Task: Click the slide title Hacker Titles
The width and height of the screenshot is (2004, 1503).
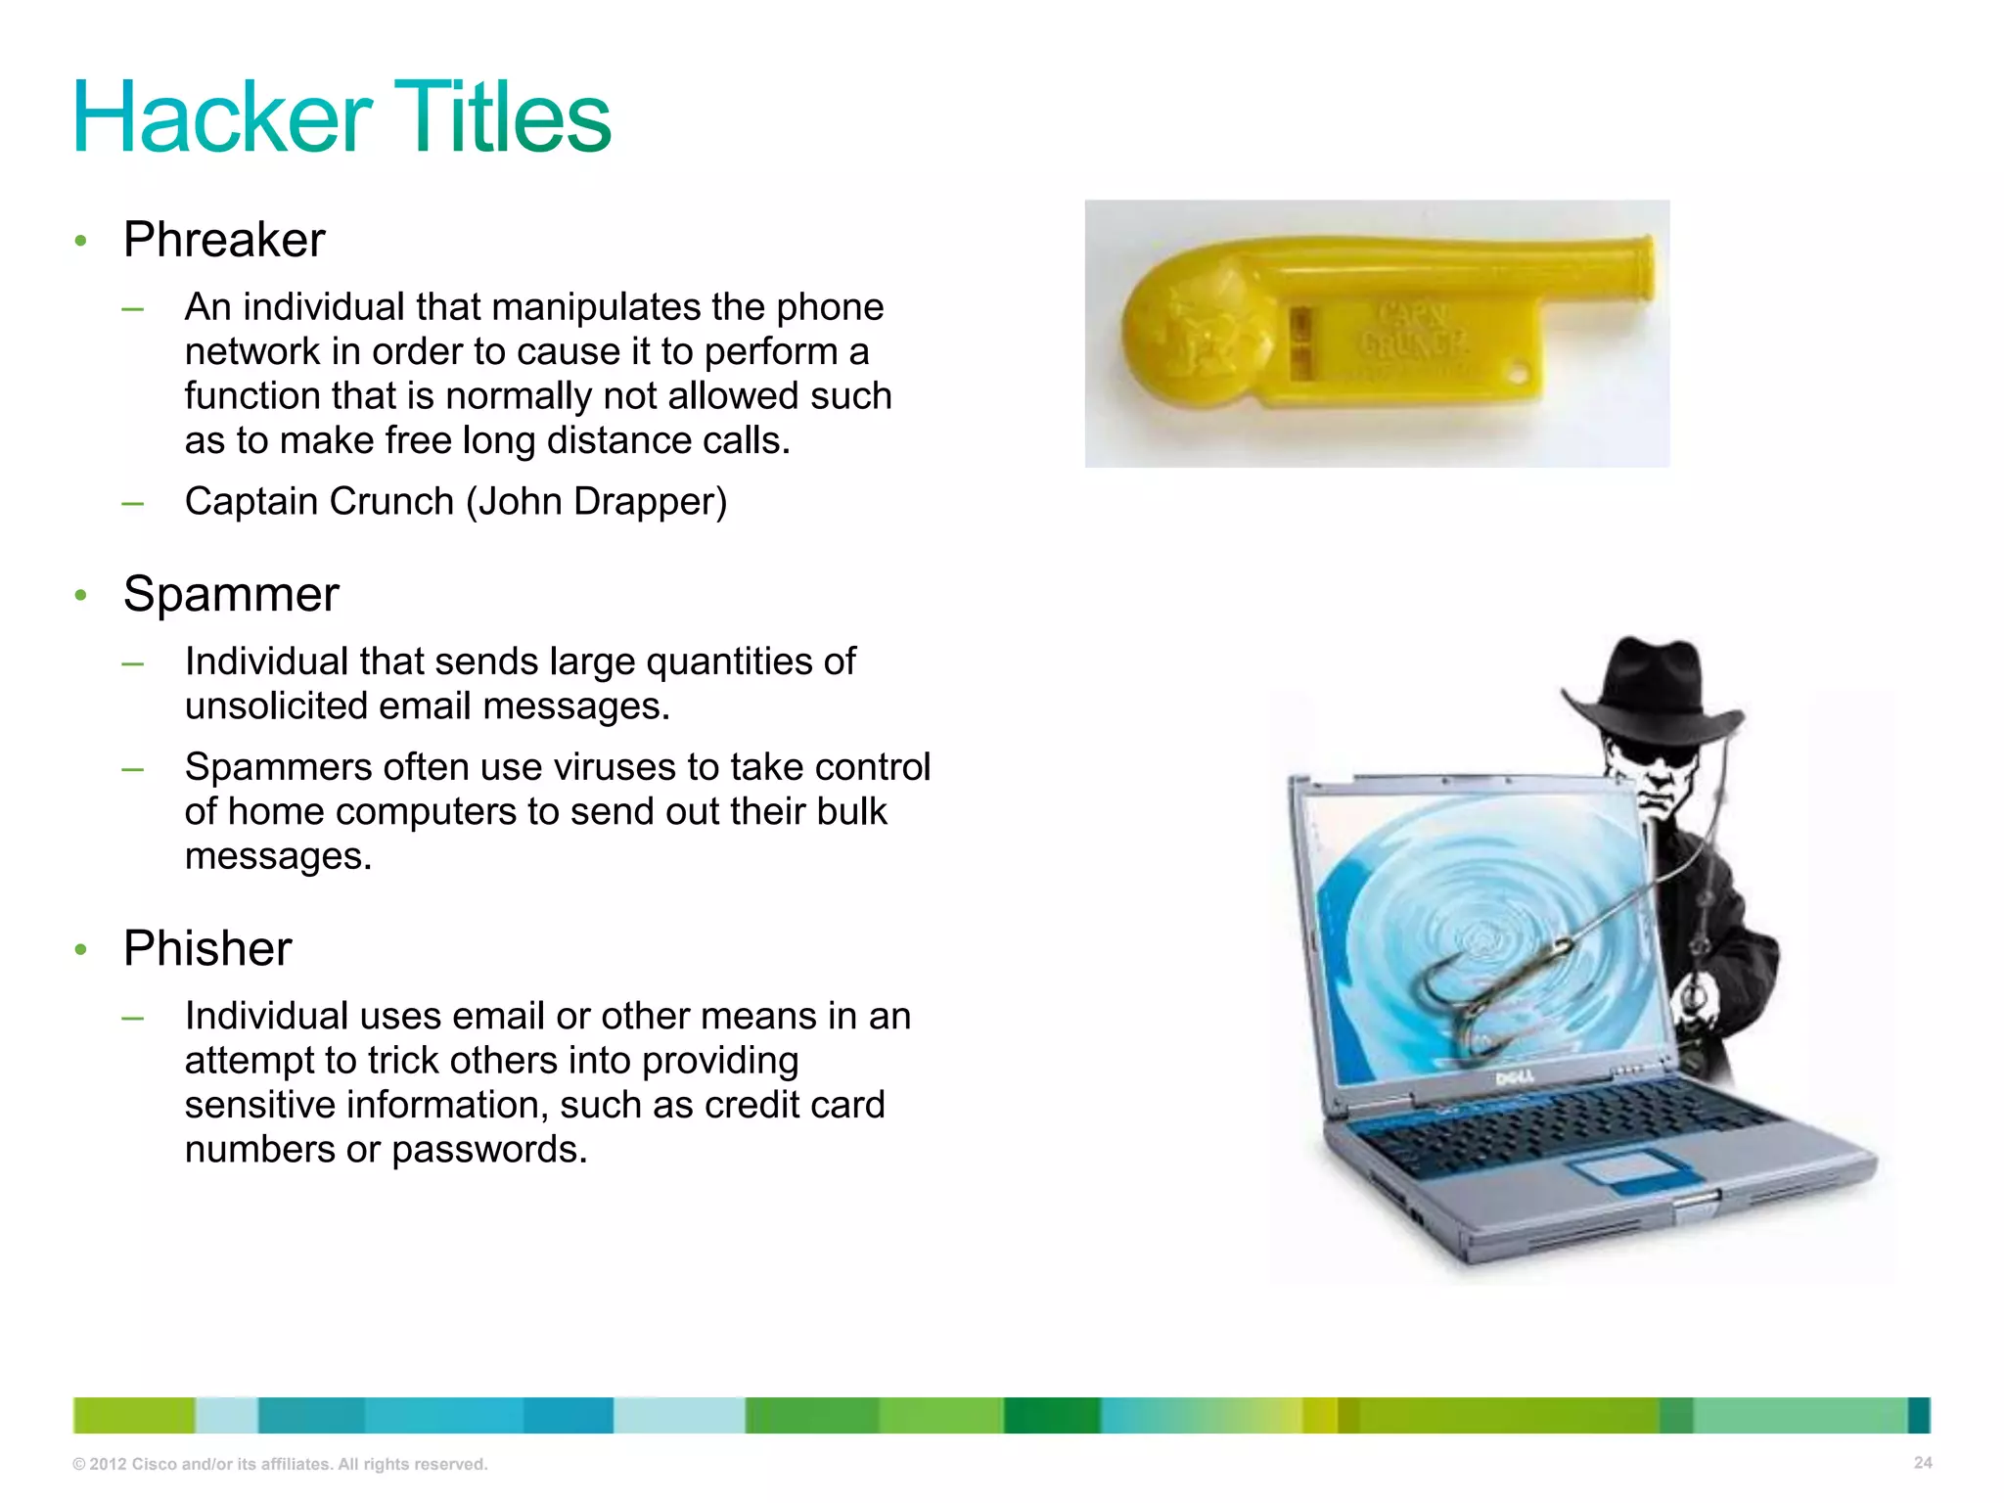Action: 342,117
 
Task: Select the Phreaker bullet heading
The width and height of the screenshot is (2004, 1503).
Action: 224,240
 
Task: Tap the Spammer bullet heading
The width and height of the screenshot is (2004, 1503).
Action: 231,594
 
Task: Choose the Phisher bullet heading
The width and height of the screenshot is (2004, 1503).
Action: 207,948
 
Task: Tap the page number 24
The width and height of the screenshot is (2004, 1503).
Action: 1923,1463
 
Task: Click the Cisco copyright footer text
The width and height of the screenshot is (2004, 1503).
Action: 280,1464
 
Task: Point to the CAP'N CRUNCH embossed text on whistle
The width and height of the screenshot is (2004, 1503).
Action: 1412,331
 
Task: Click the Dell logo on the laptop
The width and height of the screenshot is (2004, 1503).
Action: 1516,1078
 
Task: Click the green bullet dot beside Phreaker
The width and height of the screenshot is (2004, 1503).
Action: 81,241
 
